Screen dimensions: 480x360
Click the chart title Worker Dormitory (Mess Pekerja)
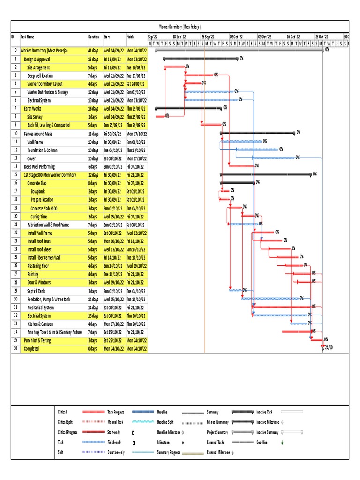pos(180,27)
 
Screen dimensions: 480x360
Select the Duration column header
pos(93,37)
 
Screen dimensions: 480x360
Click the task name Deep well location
pos(40,75)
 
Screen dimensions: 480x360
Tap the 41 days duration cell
pos(93,50)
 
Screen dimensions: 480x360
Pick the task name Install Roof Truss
pos(39,241)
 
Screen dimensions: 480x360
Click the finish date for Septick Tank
pos(136,291)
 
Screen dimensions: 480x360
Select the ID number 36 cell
pos(15,349)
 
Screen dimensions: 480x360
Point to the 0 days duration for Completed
pos(93,349)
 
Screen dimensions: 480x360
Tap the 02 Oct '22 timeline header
pos(237,37)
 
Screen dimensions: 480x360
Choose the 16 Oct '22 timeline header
pos(294,37)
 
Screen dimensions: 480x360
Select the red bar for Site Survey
pos(160,116)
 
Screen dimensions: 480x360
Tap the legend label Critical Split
pos(65,422)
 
